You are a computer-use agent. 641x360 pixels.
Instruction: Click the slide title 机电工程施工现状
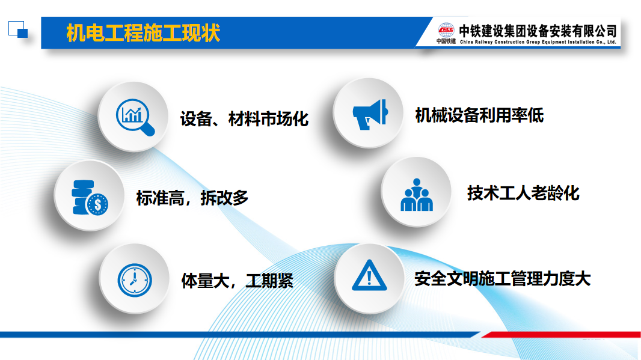point(143,33)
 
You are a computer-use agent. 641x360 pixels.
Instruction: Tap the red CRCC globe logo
point(446,31)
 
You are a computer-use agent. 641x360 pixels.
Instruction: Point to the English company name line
point(538,42)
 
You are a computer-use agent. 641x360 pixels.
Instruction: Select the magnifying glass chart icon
point(135,117)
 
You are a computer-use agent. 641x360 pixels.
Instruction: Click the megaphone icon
point(370,114)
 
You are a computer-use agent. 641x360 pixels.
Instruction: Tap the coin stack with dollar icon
point(90,198)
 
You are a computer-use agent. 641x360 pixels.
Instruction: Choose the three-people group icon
point(417,195)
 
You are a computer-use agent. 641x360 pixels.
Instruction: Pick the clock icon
point(135,280)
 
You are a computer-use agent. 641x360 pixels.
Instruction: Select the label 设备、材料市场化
point(245,119)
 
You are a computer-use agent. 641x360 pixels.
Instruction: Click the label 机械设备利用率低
point(479,115)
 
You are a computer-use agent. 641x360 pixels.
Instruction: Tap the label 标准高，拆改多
point(192,198)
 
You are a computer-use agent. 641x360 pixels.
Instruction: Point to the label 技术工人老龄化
point(523,194)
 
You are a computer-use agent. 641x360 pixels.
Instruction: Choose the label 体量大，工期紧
point(237,281)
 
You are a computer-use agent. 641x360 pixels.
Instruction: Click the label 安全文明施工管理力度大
point(503,279)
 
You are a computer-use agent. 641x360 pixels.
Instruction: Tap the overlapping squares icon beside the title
point(18,29)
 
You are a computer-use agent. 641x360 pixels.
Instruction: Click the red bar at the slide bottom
point(561,335)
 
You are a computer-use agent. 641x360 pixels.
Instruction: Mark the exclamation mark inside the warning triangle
point(370,278)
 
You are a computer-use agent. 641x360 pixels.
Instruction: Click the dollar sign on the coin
point(97,204)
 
